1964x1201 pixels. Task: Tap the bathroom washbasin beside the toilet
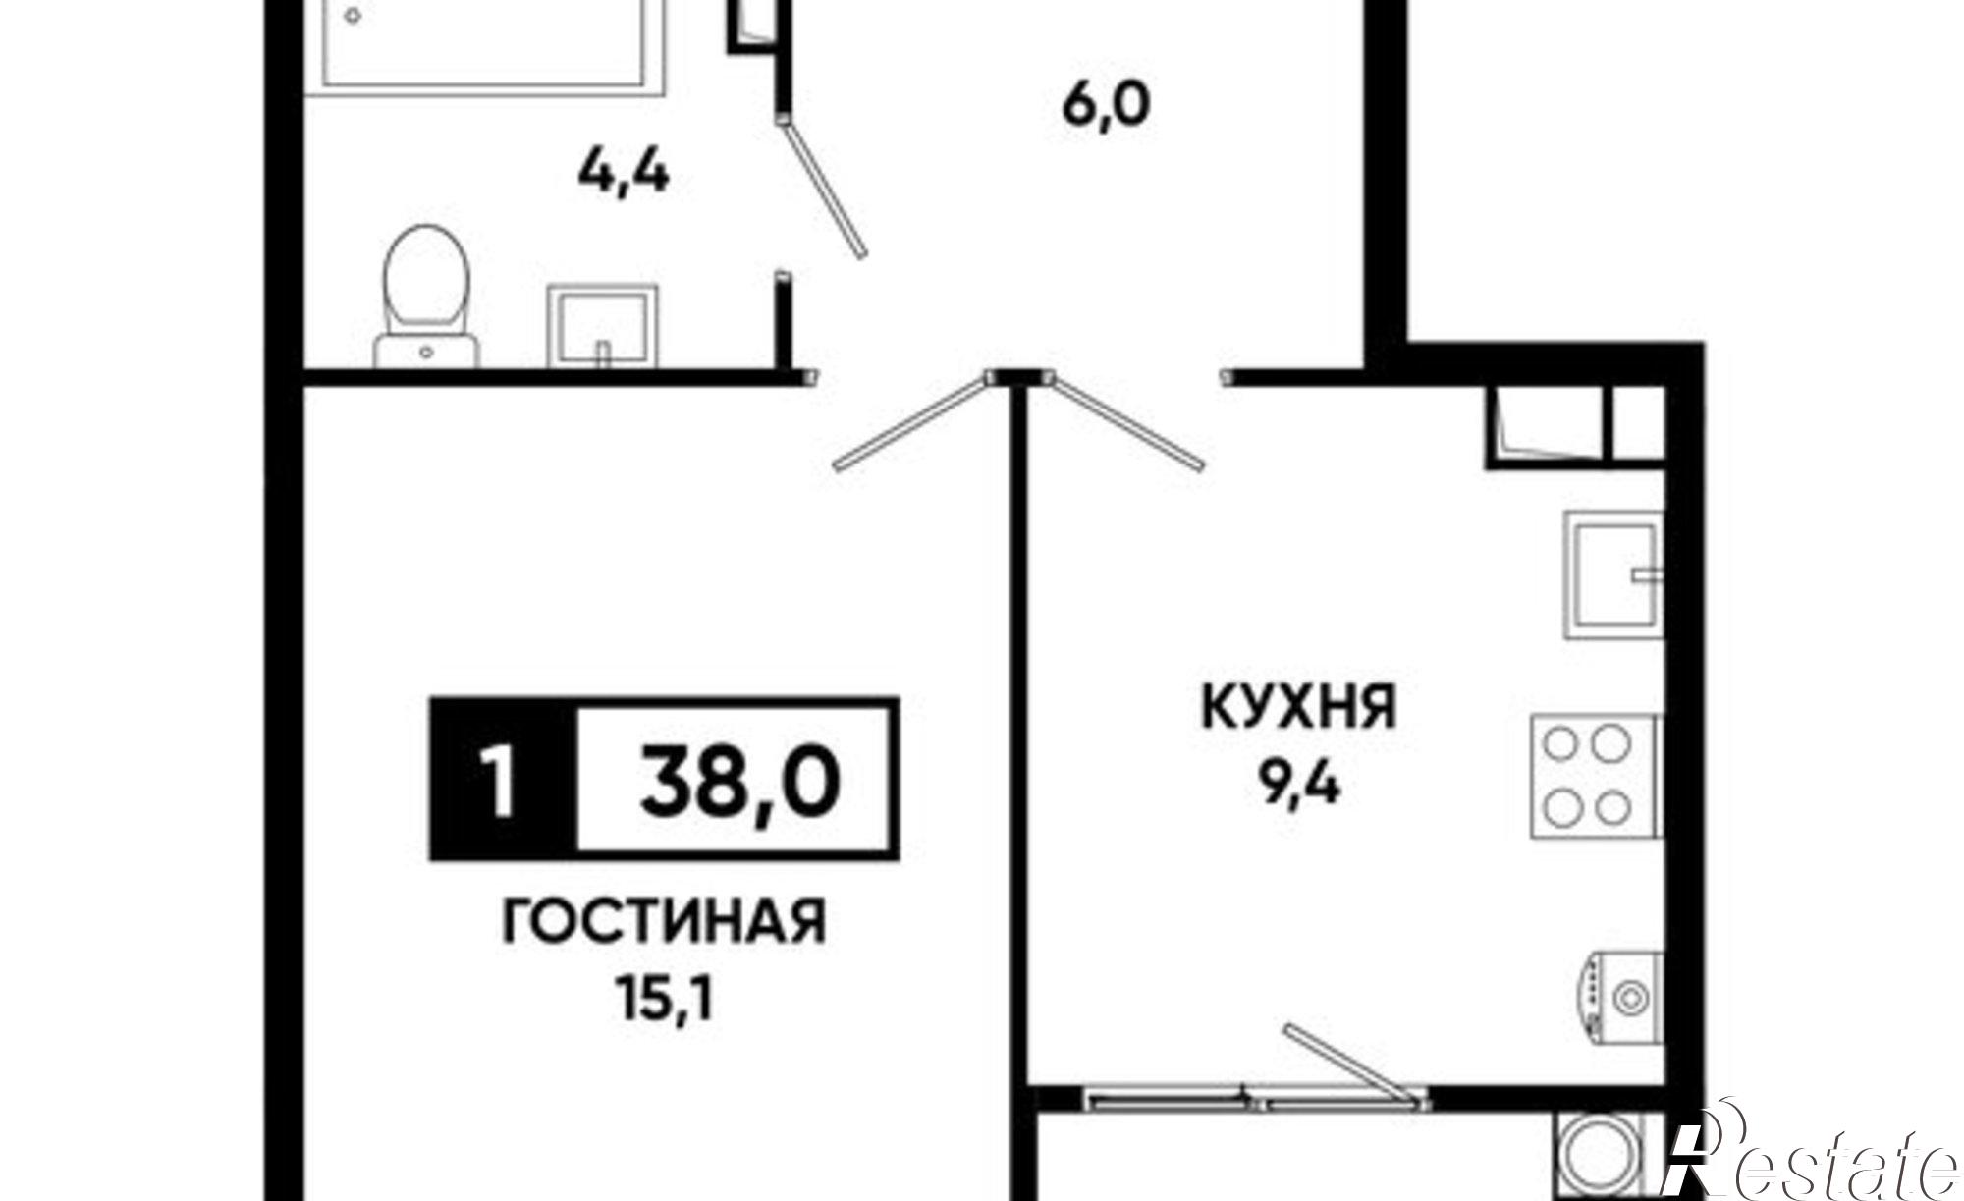(601, 326)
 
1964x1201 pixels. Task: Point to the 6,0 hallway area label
(1105, 105)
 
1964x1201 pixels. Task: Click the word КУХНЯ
(1298, 707)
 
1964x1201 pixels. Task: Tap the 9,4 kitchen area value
(1298, 787)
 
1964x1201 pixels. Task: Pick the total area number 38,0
(739, 780)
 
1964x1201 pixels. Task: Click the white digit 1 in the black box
(502, 780)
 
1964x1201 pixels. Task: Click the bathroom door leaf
(823, 187)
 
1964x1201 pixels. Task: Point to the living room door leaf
(910, 422)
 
